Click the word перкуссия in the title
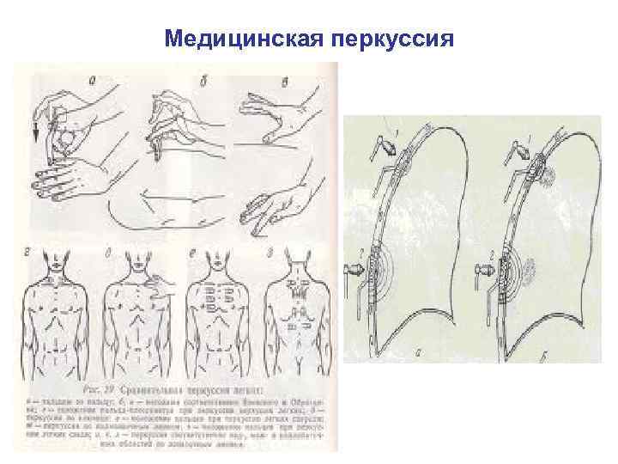[390, 39]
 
